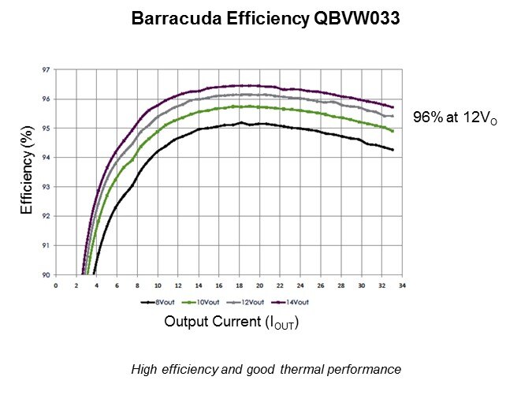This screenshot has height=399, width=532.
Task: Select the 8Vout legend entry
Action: [x=157, y=302]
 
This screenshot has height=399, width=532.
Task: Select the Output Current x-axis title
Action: [x=232, y=323]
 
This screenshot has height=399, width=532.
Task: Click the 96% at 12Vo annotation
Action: [x=456, y=118]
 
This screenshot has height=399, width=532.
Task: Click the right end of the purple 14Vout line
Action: [x=392, y=107]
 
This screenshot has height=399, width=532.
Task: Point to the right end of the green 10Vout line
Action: [x=392, y=131]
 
